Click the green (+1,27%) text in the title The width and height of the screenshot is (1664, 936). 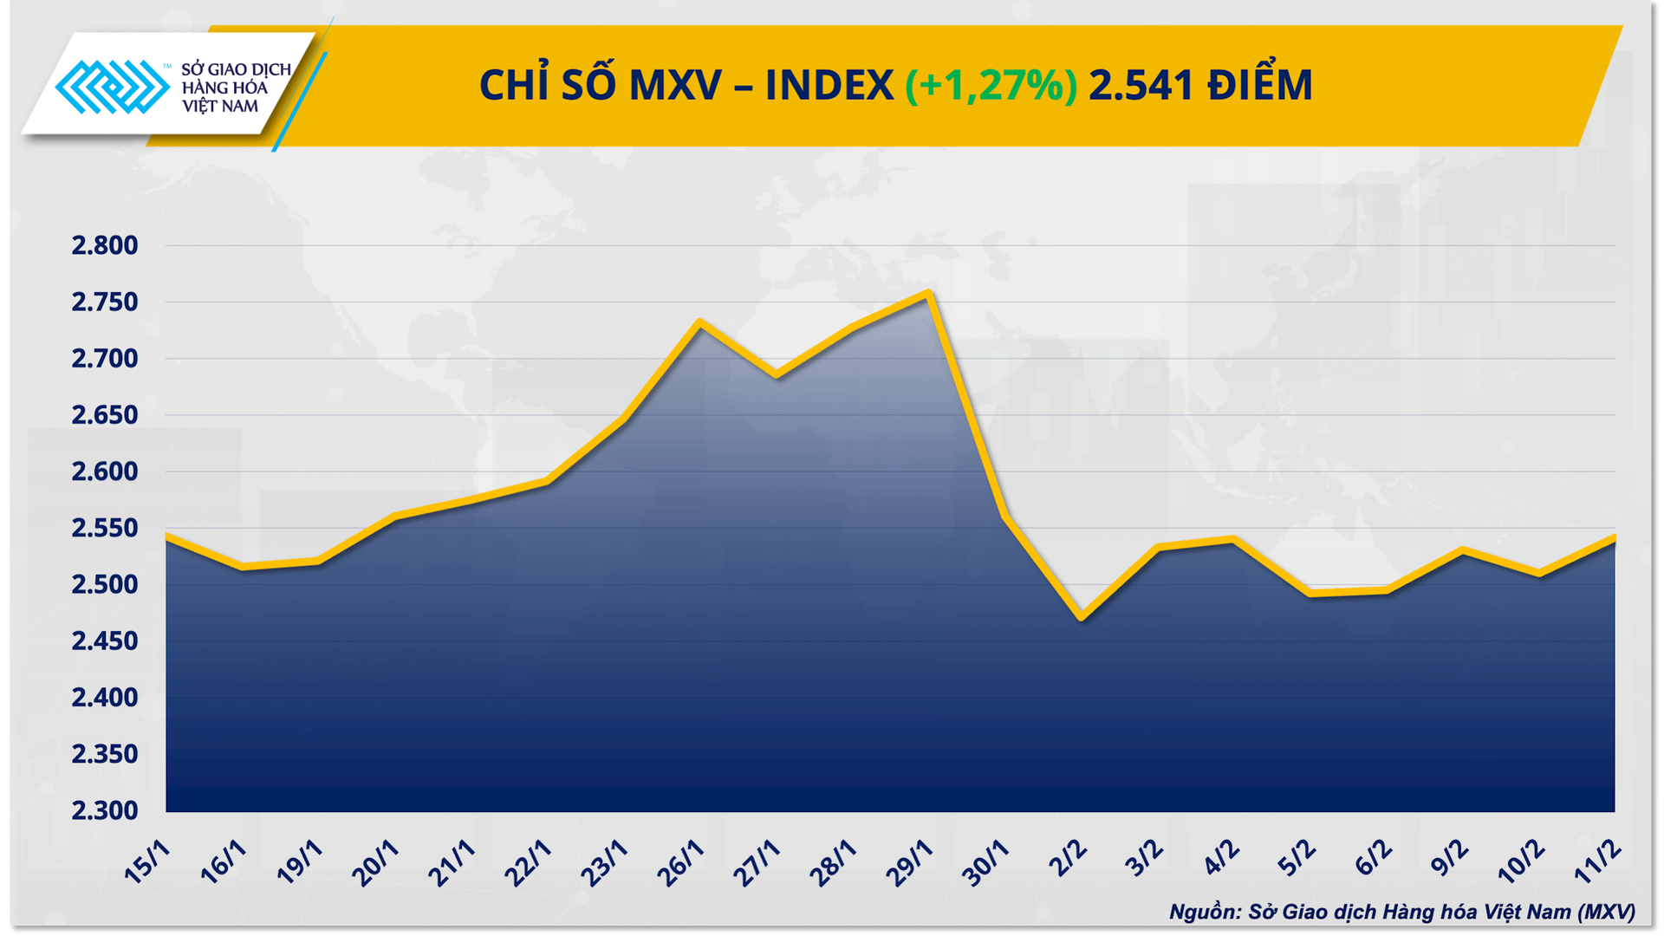click(x=991, y=85)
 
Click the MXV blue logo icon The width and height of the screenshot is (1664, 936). click(x=112, y=87)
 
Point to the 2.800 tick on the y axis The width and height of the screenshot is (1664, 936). click(x=105, y=245)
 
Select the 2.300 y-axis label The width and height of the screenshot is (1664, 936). click(x=105, y=810)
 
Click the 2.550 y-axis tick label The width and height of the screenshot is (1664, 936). click(x=105, y=528)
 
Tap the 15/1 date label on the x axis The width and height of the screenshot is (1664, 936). click(x=146, y=862)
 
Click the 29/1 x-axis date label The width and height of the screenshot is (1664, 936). click(x=909, y=862)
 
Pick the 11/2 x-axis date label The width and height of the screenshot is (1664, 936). click(x=1596, y=862)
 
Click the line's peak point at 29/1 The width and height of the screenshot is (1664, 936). click(x=929, y=293)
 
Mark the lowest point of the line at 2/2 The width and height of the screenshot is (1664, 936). click(x=1082, y=618)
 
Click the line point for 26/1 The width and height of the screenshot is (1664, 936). click(x=699, y=322)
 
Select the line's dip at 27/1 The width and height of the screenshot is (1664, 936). click(x=776, y=376)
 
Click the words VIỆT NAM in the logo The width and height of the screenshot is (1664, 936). click(x=219, y=107)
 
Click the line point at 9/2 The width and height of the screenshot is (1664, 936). click(x=1463, y=550)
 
